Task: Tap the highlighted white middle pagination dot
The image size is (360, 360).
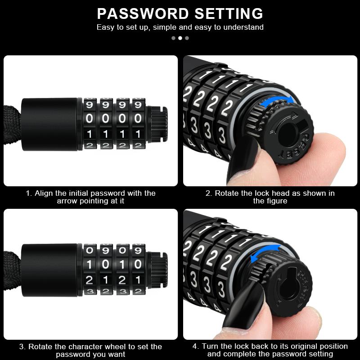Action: click(x=180, y=38)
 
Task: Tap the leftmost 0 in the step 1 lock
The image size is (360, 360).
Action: click(x=90, y=119)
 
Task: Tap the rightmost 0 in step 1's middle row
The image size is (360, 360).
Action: click(x=138, y=119)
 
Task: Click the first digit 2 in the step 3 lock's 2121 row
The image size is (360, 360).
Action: click(x=90, y=279)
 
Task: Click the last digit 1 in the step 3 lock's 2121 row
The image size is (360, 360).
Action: click(x=138, y=279)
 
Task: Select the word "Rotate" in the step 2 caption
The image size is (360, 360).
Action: click(x=227, y=193)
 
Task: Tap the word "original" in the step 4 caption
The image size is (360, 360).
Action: click(x=294, y=346)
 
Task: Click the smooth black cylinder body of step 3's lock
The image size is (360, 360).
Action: click(x=52, y=270)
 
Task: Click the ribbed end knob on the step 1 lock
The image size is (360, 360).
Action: click(x=160, y=121)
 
